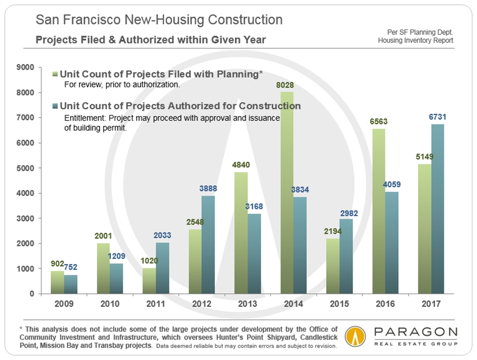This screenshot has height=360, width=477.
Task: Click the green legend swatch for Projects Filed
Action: pos(55,74)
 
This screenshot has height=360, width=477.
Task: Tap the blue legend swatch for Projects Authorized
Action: pos(55,106)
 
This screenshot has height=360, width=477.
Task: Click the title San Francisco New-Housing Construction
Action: pos(159,20)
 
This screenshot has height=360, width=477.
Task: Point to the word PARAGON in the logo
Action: pos(414,333)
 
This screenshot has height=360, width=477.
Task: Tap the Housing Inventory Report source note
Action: pos(415,41)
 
